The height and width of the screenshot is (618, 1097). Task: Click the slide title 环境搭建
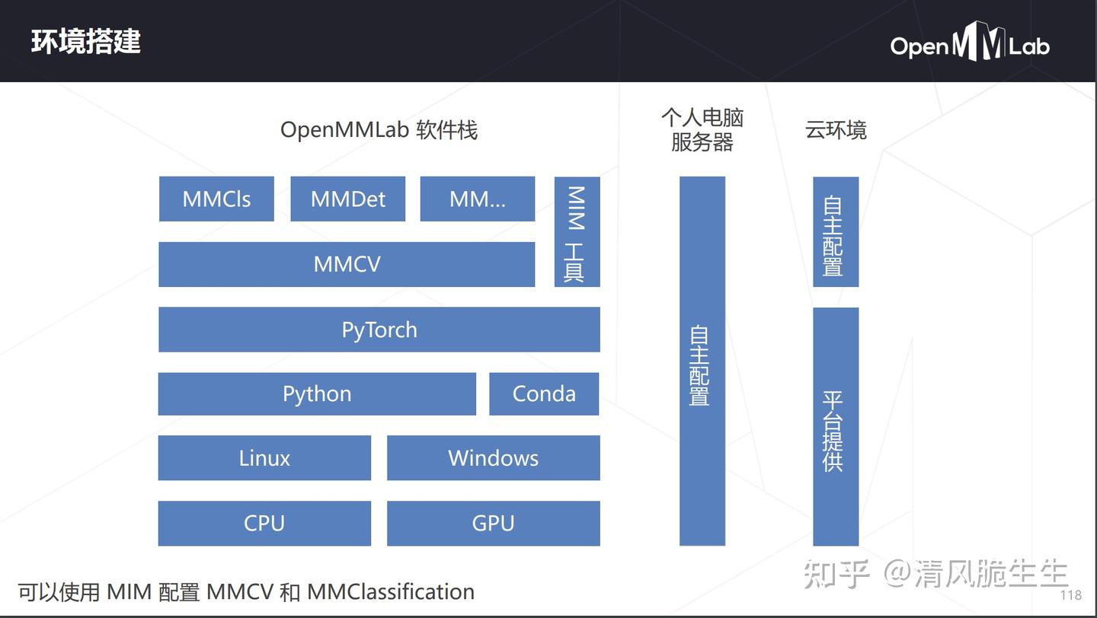86,42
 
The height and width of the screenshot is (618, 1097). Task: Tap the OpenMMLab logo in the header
970,44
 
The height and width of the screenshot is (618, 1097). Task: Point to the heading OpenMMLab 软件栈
379,130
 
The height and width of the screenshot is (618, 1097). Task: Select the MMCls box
216,199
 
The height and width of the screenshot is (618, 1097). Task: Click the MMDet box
348,199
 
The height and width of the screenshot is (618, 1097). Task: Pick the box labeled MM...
478,199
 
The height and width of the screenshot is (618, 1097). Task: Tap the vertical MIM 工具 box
577,232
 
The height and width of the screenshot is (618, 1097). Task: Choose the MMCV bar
347,264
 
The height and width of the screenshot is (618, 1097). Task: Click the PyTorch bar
379,330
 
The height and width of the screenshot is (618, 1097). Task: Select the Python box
317,393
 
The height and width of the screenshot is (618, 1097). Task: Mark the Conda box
544,393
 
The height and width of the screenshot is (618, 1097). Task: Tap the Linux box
264,458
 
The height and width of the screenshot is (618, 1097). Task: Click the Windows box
493,458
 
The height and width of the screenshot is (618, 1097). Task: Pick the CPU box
264,524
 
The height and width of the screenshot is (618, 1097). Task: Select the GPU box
493,524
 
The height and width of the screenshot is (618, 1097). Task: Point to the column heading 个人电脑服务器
702,130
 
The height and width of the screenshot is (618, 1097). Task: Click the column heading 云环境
836,130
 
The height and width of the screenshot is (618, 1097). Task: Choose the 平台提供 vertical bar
836,427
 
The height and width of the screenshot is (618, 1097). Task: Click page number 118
1070,595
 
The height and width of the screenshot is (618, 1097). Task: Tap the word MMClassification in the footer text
391,591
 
